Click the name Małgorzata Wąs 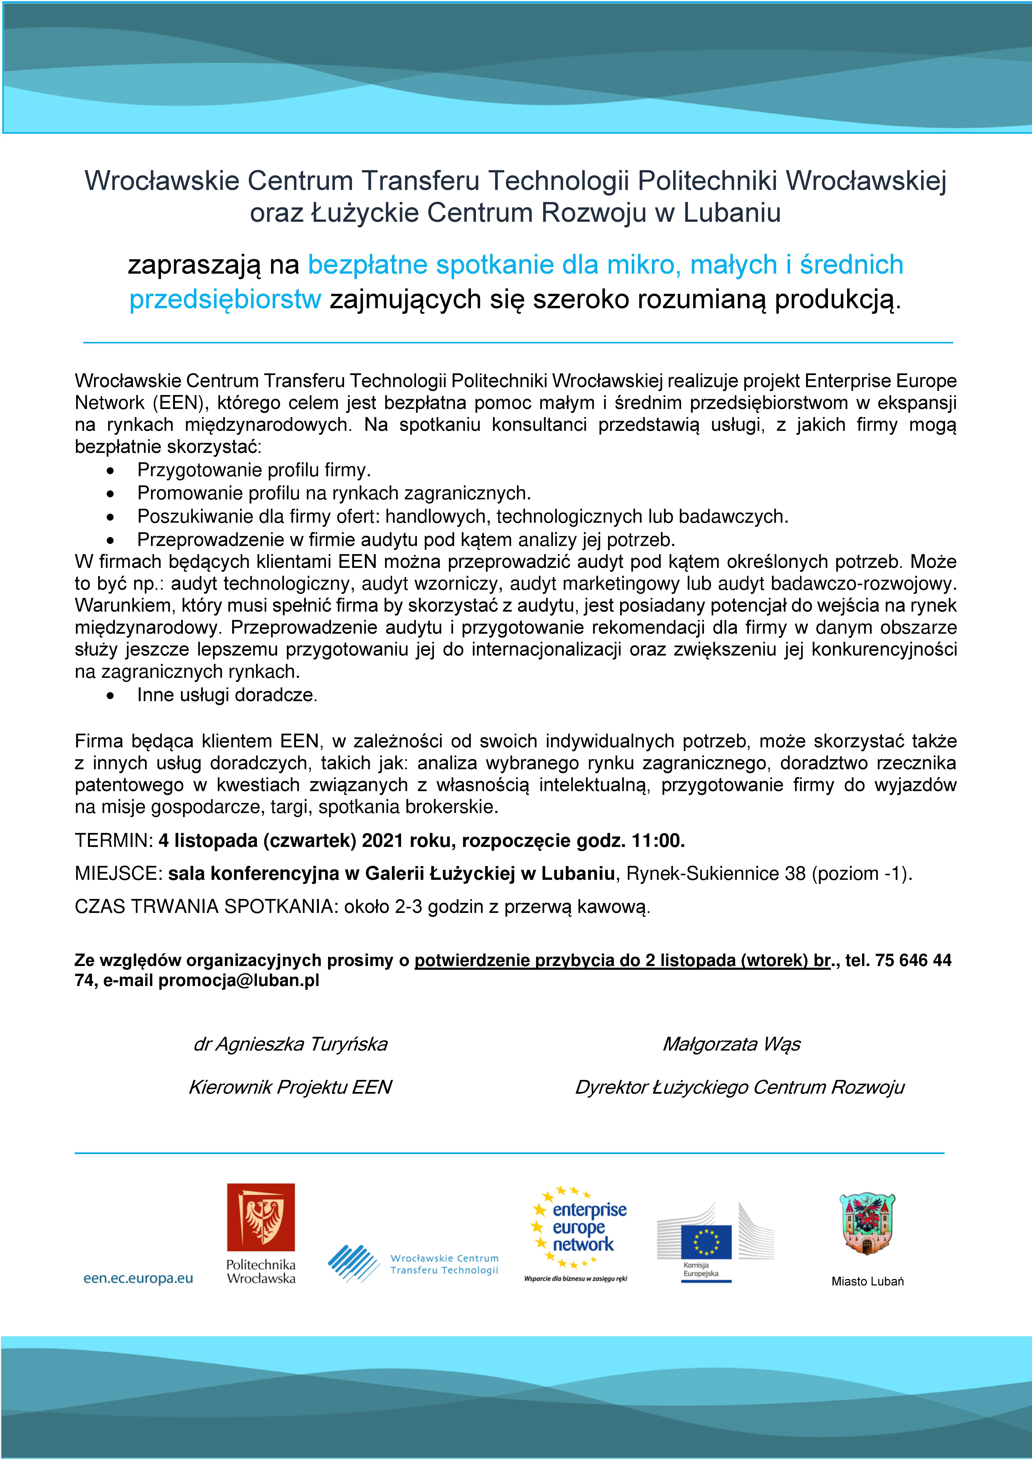click(x=731, y=1044)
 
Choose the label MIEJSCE click(x=116, y=874)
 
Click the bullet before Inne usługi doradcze click(x=111, y=696)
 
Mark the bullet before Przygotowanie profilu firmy click(x=111, y=471)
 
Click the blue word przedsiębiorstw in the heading click(x=225, y=299)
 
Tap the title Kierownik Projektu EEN click(x=290, y=1087)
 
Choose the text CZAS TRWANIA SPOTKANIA click(x=205, y=906)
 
